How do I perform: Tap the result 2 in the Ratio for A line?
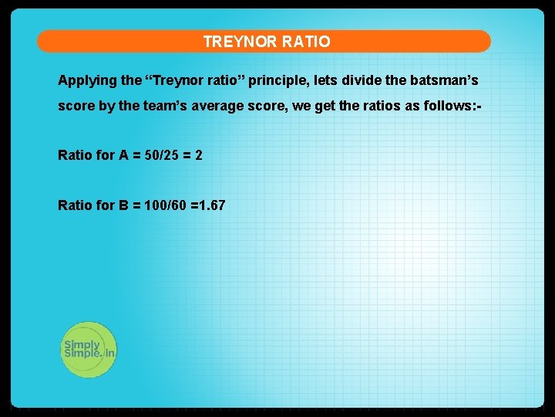(199, 156)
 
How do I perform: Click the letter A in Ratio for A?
(123, 156)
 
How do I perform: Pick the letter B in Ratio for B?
(123, 205)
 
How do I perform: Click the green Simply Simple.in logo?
(89, 349)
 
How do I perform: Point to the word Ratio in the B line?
(76, 205)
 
